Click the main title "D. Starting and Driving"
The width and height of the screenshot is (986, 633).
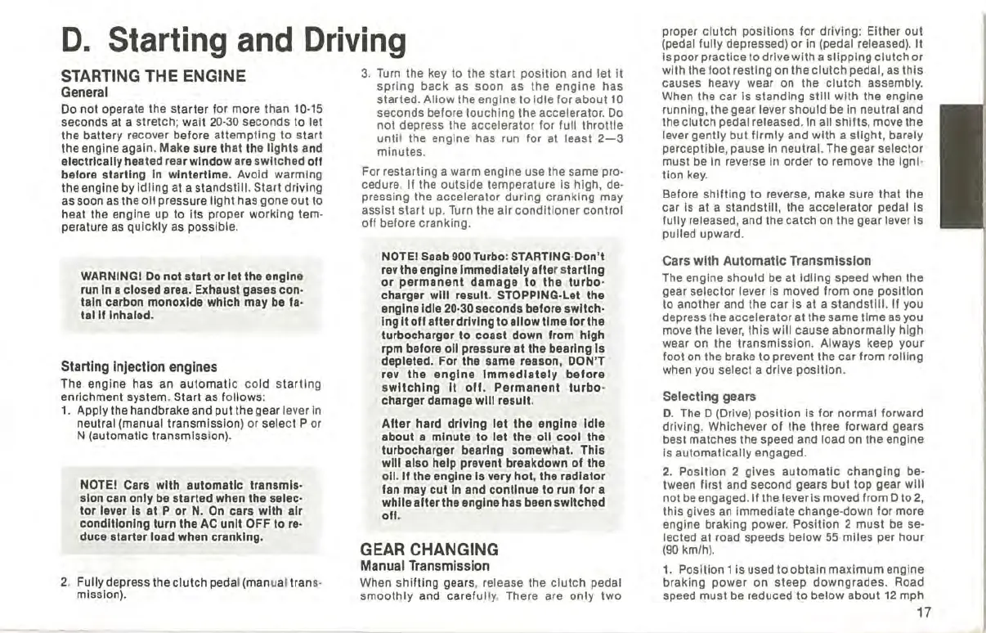(234, 40)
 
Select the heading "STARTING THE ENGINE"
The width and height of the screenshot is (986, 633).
(154, 76)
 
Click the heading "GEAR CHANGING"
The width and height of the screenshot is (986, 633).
(429, 549)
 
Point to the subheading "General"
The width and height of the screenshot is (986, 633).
(85, 92)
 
